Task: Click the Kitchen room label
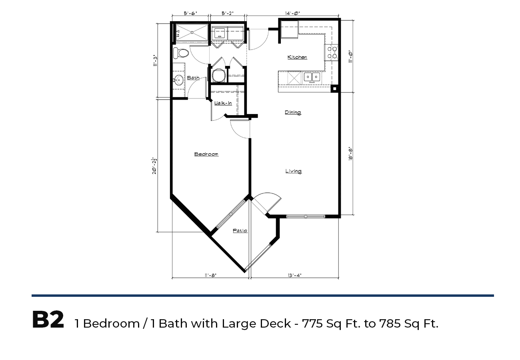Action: [x=297, y=57]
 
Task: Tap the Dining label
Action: [x=293, y=112]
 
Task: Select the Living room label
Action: [x=294, y=171]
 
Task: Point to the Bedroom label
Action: [x=206, y=154]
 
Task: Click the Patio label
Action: [x=240, y=230]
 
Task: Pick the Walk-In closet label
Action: [x=223, y=103]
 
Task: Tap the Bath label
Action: [x=193, y=78]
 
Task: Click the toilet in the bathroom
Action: [x=181, y=53]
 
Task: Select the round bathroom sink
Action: [x=178, y=80]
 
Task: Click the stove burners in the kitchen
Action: [x=332, y=52]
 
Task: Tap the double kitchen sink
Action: [x=312, y=77]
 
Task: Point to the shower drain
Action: [x=192, y=32]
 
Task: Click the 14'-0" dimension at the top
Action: [x=292, y=13]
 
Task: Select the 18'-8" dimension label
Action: [x=350, y=154]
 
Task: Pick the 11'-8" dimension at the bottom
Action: [x=210, y=275]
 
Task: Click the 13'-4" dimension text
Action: [x=294, y=275]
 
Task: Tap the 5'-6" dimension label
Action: [x=190, y=13]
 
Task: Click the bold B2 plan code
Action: [x=48, y=320]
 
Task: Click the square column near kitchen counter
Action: [x=334, y=89]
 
